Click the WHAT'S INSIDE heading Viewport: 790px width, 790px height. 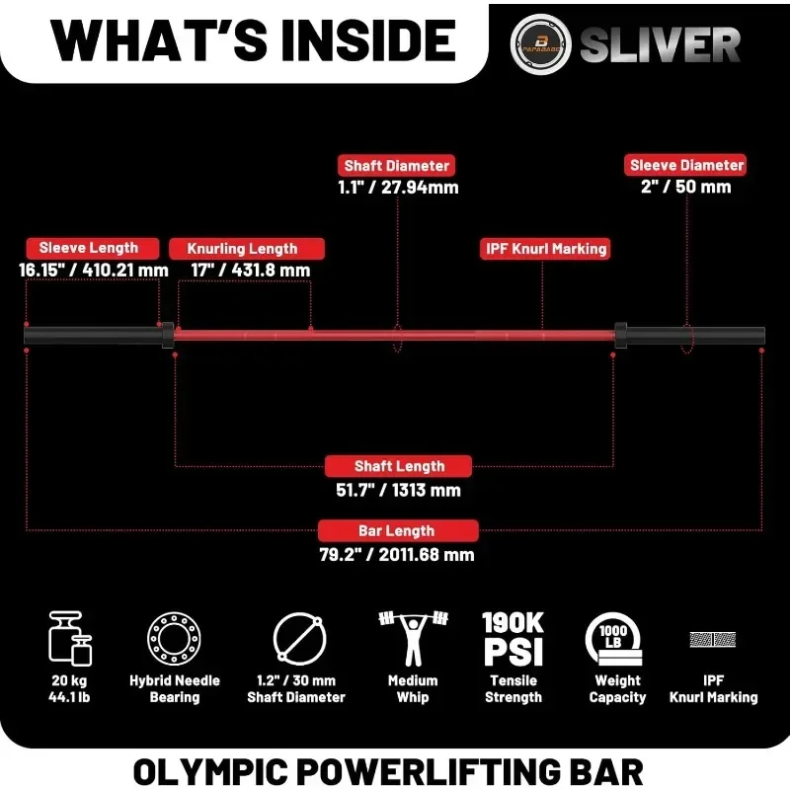click(254, 40)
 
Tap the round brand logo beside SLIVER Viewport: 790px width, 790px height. click(540, 44)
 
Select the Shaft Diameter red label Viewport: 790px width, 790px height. click(397, 166)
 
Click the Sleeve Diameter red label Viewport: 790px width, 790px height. click(687, 165)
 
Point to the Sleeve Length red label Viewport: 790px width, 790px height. click(89, 248)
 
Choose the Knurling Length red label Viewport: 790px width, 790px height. click(242, 248)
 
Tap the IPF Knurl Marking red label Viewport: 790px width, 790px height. click(544, 249)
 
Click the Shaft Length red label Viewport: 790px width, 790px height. click(399, 465)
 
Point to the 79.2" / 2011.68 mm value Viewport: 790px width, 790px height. click(397, 554)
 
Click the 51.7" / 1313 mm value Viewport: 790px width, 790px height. click(399, 489)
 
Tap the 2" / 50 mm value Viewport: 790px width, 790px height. click(687, 186)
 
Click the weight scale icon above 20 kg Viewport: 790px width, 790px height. click(71, 638)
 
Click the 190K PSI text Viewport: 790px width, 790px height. click(513, 638)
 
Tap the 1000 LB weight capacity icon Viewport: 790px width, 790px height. click(615, 638)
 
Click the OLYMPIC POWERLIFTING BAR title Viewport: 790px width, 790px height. click(395, 768)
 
